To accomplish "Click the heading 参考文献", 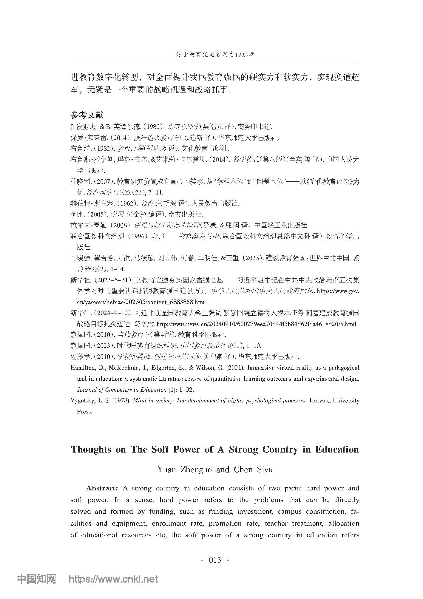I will (87, 115).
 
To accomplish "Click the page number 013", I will (215, 560).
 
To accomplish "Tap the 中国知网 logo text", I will (36, 579).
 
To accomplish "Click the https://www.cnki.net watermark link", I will (113, 579).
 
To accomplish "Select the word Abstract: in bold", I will (102, 488).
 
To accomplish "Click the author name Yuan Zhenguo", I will (184, 470).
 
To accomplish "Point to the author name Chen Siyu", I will (253, 470).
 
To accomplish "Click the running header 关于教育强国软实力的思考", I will (214, 55).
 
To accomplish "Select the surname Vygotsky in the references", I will (82, 401).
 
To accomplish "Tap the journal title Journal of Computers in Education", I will (122, 390).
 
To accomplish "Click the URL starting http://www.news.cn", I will (256, 324).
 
